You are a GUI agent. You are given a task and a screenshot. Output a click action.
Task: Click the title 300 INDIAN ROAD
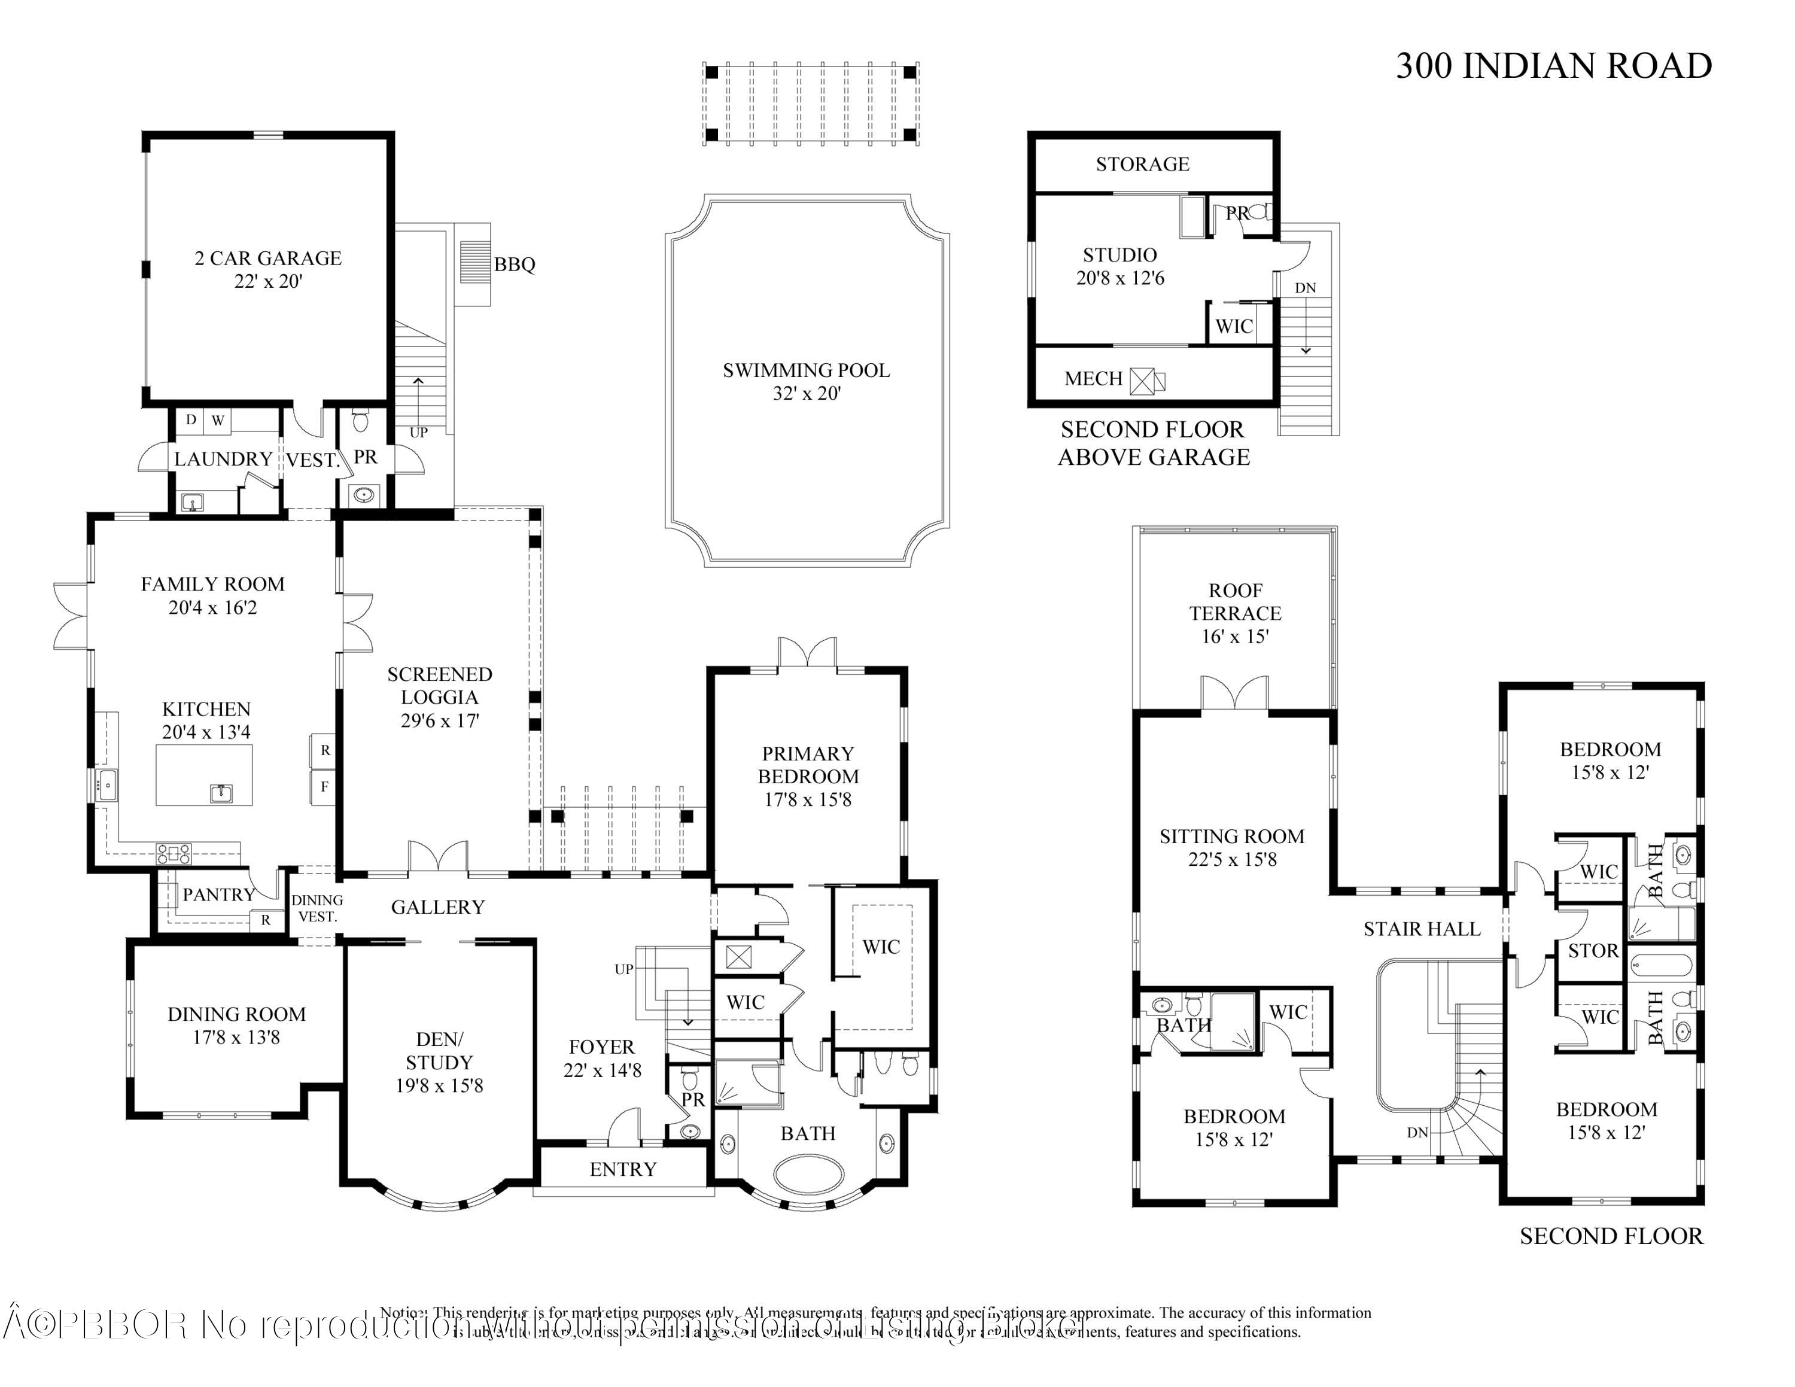click(1553, 66)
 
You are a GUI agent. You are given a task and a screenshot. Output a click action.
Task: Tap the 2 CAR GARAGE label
click(268, 258)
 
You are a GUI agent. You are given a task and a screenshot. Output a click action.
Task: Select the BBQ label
click(515, 264)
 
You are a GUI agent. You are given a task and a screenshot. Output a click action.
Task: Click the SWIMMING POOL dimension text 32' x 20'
click(807, 394)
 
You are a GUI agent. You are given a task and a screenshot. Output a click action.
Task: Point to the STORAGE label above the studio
click(1142, 165)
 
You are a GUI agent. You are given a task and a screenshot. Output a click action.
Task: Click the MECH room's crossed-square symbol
click(1142, 381)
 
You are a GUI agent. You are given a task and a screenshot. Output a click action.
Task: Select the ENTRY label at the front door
click(623, 1169)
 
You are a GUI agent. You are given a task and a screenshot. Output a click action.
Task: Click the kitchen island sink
click(220, 793)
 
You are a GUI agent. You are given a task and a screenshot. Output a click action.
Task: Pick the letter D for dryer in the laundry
click(191, 420)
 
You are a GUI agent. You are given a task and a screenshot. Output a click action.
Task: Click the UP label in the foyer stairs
click(624, 969)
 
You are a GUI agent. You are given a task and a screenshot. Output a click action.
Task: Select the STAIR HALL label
click(1422, 929)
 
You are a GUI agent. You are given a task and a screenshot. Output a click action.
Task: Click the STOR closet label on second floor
click(1593, 951)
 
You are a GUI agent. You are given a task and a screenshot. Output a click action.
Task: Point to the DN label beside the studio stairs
click(1305, 288)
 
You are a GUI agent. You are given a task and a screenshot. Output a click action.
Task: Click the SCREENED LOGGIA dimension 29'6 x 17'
click(440, 720)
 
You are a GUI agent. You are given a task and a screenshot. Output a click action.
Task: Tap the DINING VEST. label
click(317, 908)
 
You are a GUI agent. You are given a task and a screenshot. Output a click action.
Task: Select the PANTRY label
click(218, 895)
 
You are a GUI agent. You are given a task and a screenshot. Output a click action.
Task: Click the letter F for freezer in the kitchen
click(325, 786)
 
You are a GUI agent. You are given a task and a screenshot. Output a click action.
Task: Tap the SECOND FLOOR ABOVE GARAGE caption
click(1153, 443)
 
